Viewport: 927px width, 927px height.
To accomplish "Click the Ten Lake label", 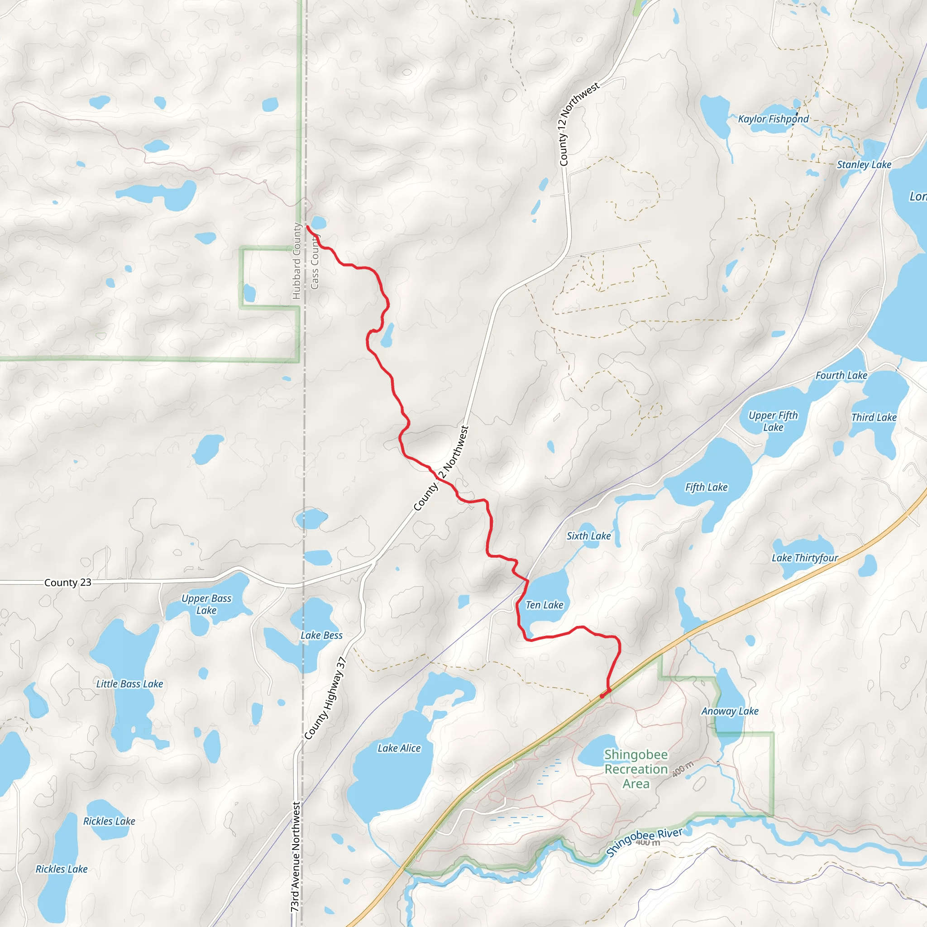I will pyautogui.click(x=544, y=605).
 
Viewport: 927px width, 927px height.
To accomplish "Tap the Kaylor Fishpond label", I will pyautogui.click(x=773, y=119).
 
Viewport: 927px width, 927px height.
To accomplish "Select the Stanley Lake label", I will pyautogui.click(x=864, y=165).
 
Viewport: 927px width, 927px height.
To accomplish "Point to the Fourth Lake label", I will pyautogui.click(x=841, y=375).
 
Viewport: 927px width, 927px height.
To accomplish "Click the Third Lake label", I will pyautogui.click(x=873, y=417).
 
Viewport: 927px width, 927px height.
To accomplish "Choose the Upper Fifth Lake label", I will pyautogui.click(x=773, y=421).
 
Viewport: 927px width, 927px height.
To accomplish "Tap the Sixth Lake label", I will pyautogui.click(x=588, y=536).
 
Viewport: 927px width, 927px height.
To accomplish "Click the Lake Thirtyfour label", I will pyautogui.click(x=805, y=558).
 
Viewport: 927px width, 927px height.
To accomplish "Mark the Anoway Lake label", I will pyautogui.click(x=729, y=711).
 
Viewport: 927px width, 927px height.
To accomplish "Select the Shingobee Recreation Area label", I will pyautogui.click(x=636, y=769).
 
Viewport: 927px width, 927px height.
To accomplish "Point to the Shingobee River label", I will pyautogui.click(x=644, y=842).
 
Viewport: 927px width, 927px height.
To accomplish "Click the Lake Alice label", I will pyautogui.click(x=399, y=748).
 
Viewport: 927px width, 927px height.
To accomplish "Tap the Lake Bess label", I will pyautogui.click(x=321, y=635).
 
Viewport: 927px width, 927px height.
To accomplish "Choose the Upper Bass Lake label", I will pyautogui.click(x=206, y=605).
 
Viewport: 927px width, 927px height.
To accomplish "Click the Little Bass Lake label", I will pyautogui.click(x=129, y=684).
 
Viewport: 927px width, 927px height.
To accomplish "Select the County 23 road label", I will pyautogui.click(x=67, y=583).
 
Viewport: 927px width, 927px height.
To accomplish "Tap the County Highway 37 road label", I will pyautogui.click(x=326, y=698).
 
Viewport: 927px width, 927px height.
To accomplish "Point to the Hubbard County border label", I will pyautogui.click(x=296, y=261).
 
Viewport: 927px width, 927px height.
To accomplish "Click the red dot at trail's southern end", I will pyautogui.click(x=602, y=696).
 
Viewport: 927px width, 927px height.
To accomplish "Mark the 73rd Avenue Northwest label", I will pyautogui.click(x=296, y=856).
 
